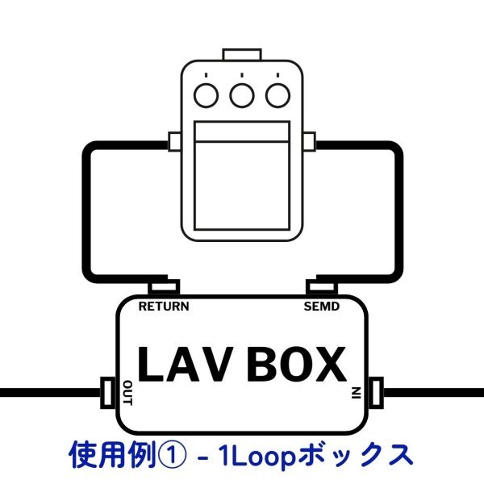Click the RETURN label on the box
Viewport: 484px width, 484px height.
(164, 307)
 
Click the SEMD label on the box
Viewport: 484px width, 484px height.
(322, 307)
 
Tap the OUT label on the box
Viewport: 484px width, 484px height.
(127, 393)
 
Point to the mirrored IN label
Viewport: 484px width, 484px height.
(357, 393)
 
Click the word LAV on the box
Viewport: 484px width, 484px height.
(185, 364)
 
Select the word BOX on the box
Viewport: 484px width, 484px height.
(296, 364)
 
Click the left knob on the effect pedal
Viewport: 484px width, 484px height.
(206, 95)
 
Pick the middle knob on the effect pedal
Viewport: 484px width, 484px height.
(242, 95)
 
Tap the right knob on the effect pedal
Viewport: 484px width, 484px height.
(277, 95)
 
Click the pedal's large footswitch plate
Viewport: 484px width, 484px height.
(242, 176)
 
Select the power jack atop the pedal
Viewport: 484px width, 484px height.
(242, 55)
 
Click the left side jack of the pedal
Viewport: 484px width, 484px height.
(175, 141)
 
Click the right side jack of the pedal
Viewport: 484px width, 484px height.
(309, 141)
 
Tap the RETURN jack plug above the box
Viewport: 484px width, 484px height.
(164, 287)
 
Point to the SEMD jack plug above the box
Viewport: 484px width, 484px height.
(322, 287)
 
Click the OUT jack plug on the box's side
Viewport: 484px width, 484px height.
(108, 393)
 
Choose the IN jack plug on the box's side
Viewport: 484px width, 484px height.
(376, 393)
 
